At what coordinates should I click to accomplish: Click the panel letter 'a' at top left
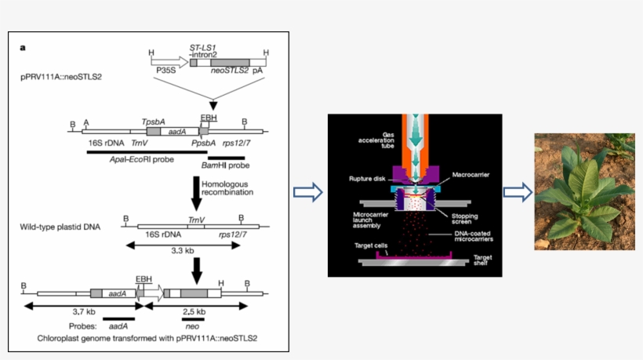(x=23, y=47)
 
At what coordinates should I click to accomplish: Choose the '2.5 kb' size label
(x=194, y=311)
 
